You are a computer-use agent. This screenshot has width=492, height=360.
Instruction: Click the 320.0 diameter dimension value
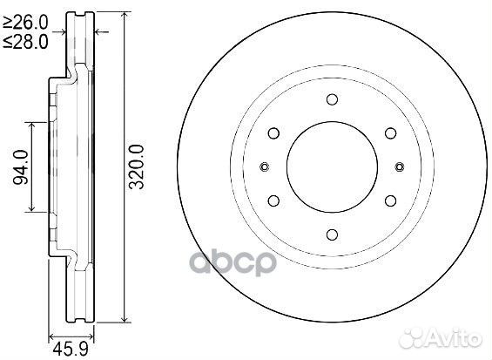coord(137,166)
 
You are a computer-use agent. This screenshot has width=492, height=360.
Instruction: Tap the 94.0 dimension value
coord(21,166)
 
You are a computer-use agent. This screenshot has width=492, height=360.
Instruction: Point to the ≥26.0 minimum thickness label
coord(25,23)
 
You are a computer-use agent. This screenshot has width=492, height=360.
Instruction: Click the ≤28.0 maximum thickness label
coord(25,42)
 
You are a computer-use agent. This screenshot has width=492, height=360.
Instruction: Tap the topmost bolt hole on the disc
coord(332,99)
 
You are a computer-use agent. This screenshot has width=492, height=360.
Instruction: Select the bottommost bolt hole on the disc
coord(332,234)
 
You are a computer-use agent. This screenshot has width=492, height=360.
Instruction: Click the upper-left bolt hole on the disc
coord(273,132)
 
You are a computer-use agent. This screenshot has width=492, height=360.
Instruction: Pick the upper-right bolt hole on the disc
coord(390,132)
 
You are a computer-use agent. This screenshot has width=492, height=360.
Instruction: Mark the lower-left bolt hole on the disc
coord(273,200)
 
